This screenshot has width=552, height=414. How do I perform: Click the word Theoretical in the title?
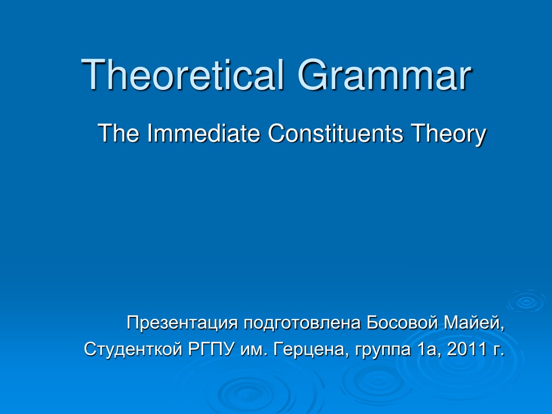182,74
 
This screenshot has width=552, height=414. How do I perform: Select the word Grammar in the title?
384,74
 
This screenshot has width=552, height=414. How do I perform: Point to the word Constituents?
335,133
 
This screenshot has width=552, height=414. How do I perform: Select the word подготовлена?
302,323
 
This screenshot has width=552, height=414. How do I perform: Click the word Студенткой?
133,349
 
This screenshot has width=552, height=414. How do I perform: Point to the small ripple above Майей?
527,301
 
